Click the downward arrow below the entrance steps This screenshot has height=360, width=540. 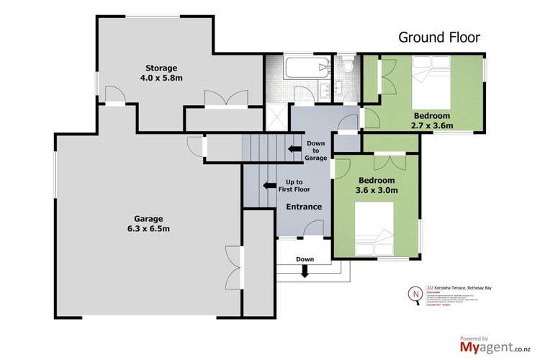click(305, 271)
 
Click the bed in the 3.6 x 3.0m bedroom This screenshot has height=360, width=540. click(374, 226)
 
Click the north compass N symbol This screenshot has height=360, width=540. click(413, 294)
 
